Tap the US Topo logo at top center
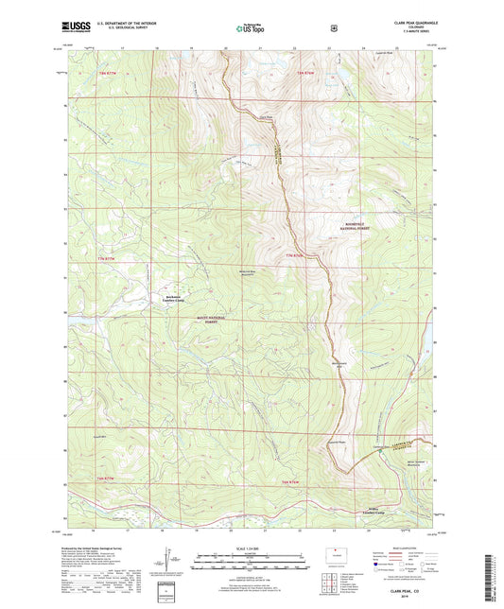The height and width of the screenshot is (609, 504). (251, 28)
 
